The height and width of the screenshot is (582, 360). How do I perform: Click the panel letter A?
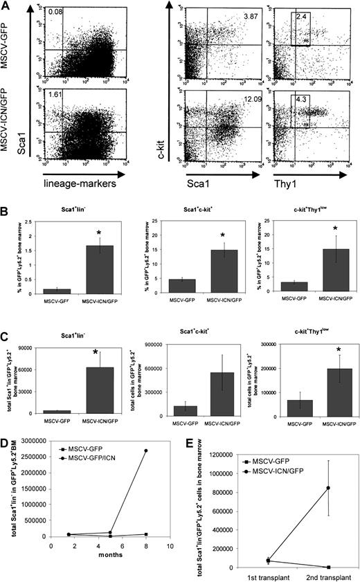[6, 6]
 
